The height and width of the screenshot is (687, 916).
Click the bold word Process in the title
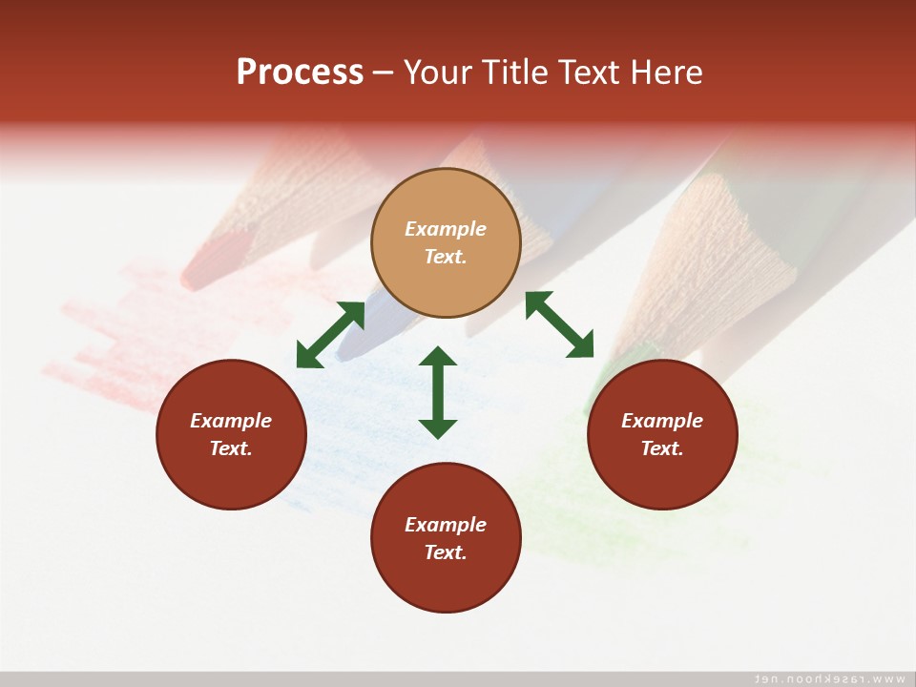click(x=300, y=73)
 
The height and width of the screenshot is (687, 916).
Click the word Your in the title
click(x=437, y=73)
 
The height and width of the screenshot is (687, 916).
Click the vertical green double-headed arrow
click(x=438, y=392)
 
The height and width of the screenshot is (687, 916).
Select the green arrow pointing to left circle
click(x=330, y=334)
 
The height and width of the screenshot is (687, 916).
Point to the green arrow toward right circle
click(x=559, y=324)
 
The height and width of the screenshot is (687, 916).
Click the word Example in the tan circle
click(x=446, y=229)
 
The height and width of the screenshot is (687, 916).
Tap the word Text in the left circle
click(x=231, y=448)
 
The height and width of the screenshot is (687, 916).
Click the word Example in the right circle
click(x=662, y=421)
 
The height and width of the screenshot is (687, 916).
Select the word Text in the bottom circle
click(x=445, y=552)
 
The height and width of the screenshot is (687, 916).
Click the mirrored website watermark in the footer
click(x=829, y=678)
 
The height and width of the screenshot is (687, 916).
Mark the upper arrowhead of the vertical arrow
click(x=438, y=358)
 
